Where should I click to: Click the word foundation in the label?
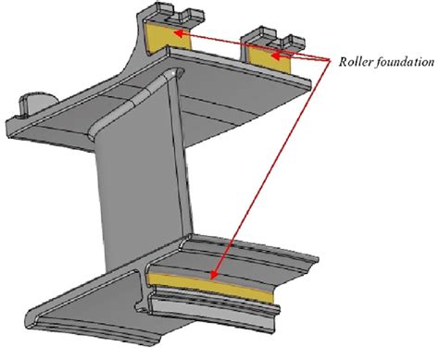tap(404, 64)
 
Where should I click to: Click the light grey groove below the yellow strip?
tap(232, 298)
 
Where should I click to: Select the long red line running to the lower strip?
tap(273, 167)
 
